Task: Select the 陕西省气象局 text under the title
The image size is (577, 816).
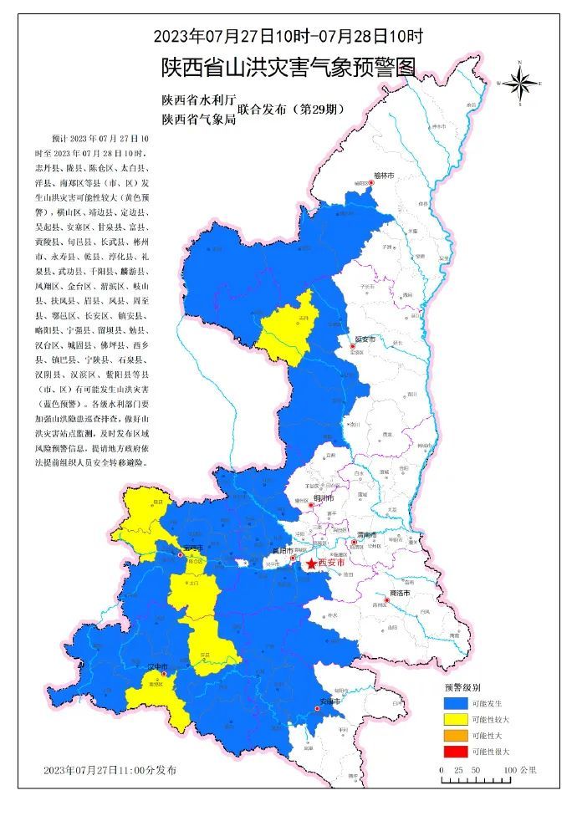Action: pos(199,120)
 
